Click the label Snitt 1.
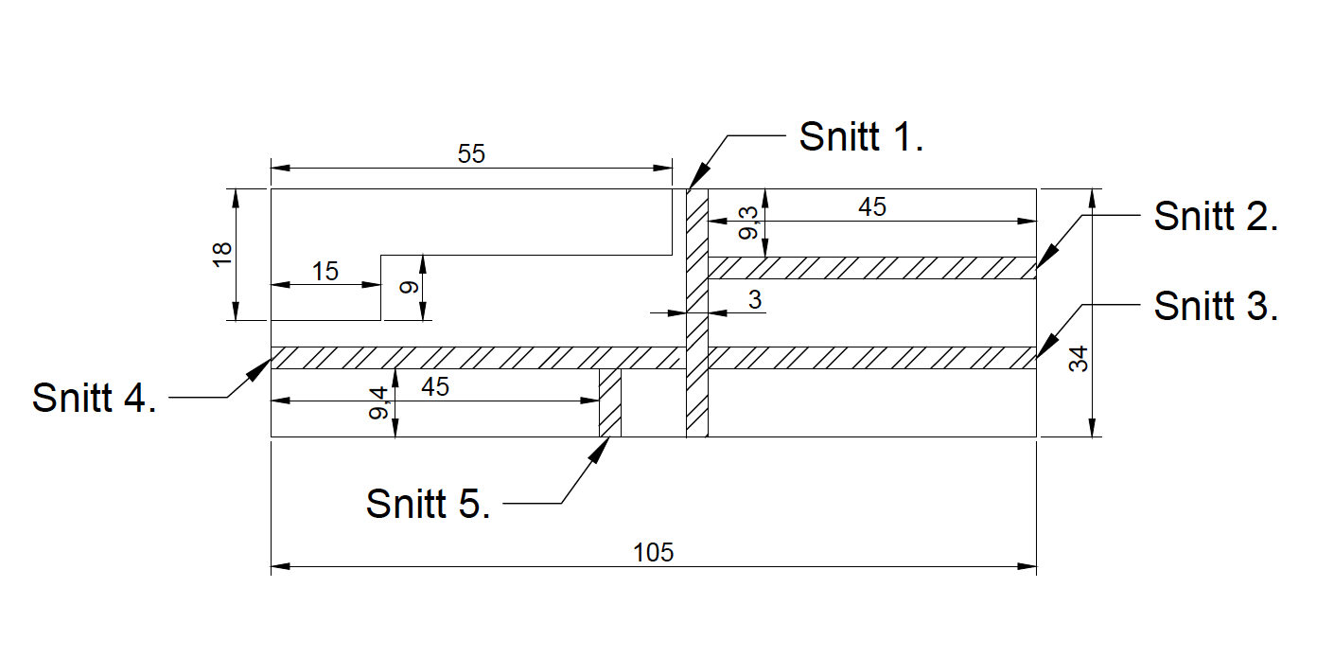(x=860, y=136)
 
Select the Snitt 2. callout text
(x=1216, y=218)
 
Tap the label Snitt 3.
(x=1216, y=306)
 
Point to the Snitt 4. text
(x=94, y=397)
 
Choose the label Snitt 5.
(x=428, y=503)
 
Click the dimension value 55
(x=471, y=154)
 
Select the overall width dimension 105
(x=654, y=553)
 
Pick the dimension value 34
(x=1079, y=359)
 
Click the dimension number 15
(x=325, y=272)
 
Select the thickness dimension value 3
(x=754, y=300)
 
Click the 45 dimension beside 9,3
(x=872, y=207)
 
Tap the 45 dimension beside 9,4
(x=434, y=387)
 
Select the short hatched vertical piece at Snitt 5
(x=610, y=403)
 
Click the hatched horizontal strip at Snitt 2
(x=871, y=268)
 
